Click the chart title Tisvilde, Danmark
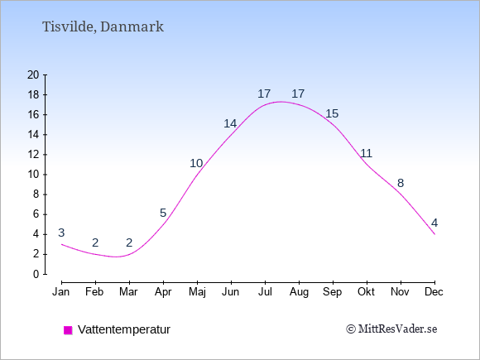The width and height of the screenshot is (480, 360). [x=103, y=26]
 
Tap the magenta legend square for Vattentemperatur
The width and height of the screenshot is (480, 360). [x=68, y=330]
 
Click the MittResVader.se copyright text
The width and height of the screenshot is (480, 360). [x=391, y=329]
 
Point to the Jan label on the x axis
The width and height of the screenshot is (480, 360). [x=61, y=292]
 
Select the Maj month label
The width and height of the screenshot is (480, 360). [x=197, y=292]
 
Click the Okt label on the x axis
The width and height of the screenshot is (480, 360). [x=366, y=292]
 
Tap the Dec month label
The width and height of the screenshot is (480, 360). [x=434, y=292]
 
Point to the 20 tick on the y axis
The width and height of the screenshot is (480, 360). [x=33, y=74]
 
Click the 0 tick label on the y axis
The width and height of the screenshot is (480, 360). [x=36, y=274]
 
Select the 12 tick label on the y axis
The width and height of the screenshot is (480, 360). [x=33, y=155]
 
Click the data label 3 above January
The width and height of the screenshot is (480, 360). [x=61, y=233]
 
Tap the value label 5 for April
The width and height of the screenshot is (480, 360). [x=163, y=213]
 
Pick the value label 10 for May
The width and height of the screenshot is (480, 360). [x=196, y=164]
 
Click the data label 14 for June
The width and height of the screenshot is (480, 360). [x=230, y=123]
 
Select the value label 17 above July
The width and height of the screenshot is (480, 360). [x=264, y=94]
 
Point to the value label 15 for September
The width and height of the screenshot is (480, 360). [x=332, y=113]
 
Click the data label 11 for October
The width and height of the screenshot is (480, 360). [x=366, y=153]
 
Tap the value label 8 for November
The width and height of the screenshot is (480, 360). [x=401, y=184]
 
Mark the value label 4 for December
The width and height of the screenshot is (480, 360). [x=434, y=223]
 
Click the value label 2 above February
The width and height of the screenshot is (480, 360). [x=95, y=242]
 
